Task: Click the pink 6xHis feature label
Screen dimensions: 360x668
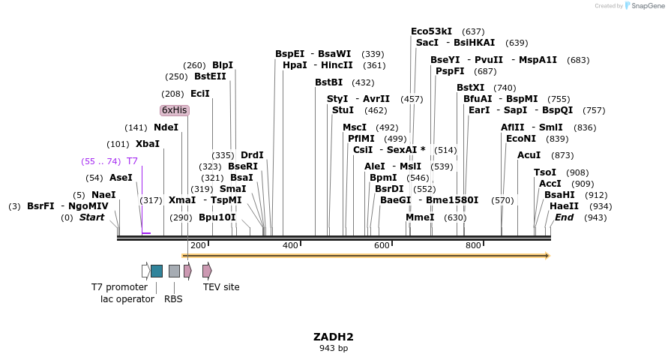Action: coord(175,110)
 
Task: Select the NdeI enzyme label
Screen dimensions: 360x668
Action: coord(166,127)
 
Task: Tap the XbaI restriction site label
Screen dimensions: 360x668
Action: coord(148,144)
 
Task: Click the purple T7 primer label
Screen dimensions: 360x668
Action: coord(132,161)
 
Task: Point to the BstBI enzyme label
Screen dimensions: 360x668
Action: coord(328,82)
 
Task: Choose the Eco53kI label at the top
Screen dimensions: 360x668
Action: coord(431,31)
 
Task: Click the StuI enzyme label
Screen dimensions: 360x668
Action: coord(343,110)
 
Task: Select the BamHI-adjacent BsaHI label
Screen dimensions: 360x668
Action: coord(559,195)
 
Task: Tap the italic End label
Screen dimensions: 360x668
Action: coord(564,217)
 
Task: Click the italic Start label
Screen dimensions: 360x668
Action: coord(91,217)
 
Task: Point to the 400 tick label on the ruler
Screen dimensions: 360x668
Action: coord(290,246)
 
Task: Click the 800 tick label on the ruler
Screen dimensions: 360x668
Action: coord(473,246)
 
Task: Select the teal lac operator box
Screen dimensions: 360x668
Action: coord(157,271)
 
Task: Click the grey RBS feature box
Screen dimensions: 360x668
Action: coord(174,271)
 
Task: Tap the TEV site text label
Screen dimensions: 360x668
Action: coord(221,287)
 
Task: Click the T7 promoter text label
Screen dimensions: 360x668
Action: coord(120,287)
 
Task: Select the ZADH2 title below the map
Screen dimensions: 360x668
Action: coord(334,337)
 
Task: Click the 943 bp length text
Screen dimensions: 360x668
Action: coord(334,348)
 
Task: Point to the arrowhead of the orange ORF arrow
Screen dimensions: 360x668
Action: coord(547,256)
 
